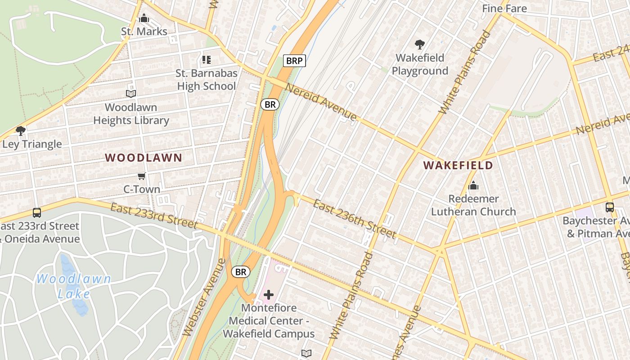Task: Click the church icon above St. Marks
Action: (144, 18)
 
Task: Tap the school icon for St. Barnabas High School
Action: (207, 60)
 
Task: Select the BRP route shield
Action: (294, 61)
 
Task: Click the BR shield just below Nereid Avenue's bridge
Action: (270, 105)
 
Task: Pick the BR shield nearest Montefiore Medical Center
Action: (241, 272)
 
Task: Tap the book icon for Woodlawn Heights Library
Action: (131, 94)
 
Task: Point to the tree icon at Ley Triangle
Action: (20, 131)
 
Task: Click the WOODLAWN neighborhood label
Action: (144, 158)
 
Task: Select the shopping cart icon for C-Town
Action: (142, 176)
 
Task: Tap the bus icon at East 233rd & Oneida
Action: (37, 212)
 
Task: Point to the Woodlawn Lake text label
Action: (74, 286)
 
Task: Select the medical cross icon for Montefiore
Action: (269, 295)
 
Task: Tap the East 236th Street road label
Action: (355, 219)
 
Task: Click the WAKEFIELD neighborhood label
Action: (458, 166)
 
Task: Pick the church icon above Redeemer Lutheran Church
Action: (473, 185)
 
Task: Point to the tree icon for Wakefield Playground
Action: (420, 45)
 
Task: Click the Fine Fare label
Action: (504, 8)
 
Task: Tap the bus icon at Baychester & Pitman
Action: (610, 207)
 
